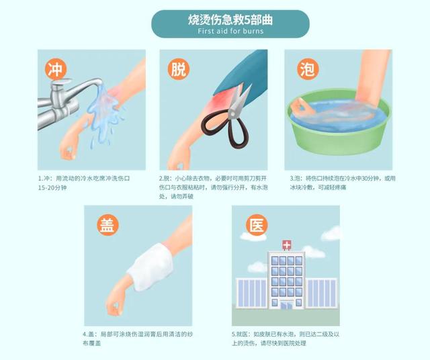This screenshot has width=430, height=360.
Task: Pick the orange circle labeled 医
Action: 253,224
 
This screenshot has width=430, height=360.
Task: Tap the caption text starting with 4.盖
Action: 138,338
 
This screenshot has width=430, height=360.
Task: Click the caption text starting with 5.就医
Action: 286,338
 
